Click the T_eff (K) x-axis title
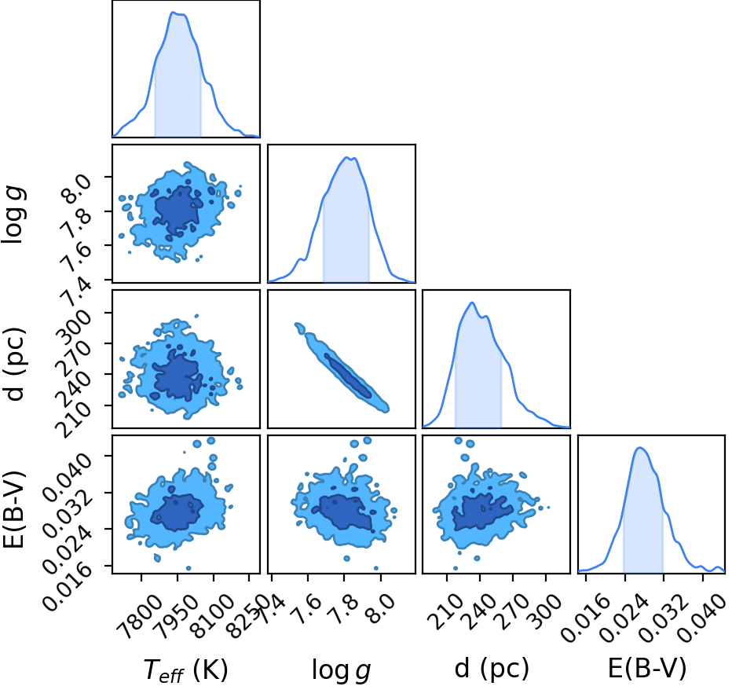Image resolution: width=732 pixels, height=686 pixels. click(x=185, y=670)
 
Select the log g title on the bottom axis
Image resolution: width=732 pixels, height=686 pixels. click(x=341, y=670)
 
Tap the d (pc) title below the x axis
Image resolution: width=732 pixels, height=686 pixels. click(x=492, y=669)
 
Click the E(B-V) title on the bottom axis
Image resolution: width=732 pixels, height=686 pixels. click(x=647, y=668)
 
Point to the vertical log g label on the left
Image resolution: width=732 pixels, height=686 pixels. click(x=13, y=215)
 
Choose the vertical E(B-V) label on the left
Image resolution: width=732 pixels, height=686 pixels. click(x=13, y=509)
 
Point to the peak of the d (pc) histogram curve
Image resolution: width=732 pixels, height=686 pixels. click(x=473, y=303)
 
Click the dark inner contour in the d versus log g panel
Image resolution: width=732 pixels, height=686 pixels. click(x=348, y=376)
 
